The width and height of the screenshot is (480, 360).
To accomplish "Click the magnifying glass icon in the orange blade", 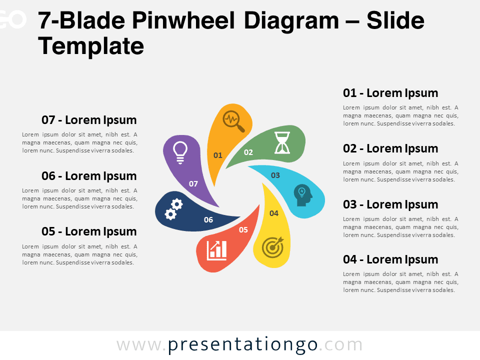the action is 233,121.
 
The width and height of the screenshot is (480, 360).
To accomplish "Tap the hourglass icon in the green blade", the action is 282,142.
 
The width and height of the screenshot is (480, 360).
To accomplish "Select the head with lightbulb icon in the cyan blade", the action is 303,195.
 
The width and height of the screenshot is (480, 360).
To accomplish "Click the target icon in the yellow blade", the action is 273,247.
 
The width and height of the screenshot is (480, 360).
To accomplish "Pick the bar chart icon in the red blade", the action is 216,250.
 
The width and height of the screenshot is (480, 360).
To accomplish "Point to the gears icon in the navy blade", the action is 174,209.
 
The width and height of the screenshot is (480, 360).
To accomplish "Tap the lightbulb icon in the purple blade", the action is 180,152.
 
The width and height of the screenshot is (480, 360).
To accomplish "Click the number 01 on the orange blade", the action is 217,155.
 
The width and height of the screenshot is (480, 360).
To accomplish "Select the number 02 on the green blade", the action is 248,152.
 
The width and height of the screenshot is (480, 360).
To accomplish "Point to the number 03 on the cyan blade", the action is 275,175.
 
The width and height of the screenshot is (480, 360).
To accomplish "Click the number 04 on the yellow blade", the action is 274,213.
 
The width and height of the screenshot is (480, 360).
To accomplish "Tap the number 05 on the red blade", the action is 243,230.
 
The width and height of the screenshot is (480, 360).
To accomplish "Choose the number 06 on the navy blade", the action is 208,220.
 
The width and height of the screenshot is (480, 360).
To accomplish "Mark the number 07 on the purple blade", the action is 193,183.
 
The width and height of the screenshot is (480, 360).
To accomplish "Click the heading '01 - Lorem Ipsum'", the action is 390,93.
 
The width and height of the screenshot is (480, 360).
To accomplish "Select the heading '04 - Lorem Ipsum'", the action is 390,260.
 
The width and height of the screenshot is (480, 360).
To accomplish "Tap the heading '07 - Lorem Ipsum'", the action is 89,120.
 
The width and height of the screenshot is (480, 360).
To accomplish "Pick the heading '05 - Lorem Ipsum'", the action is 89,231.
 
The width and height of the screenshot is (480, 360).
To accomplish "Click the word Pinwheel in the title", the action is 183,20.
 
